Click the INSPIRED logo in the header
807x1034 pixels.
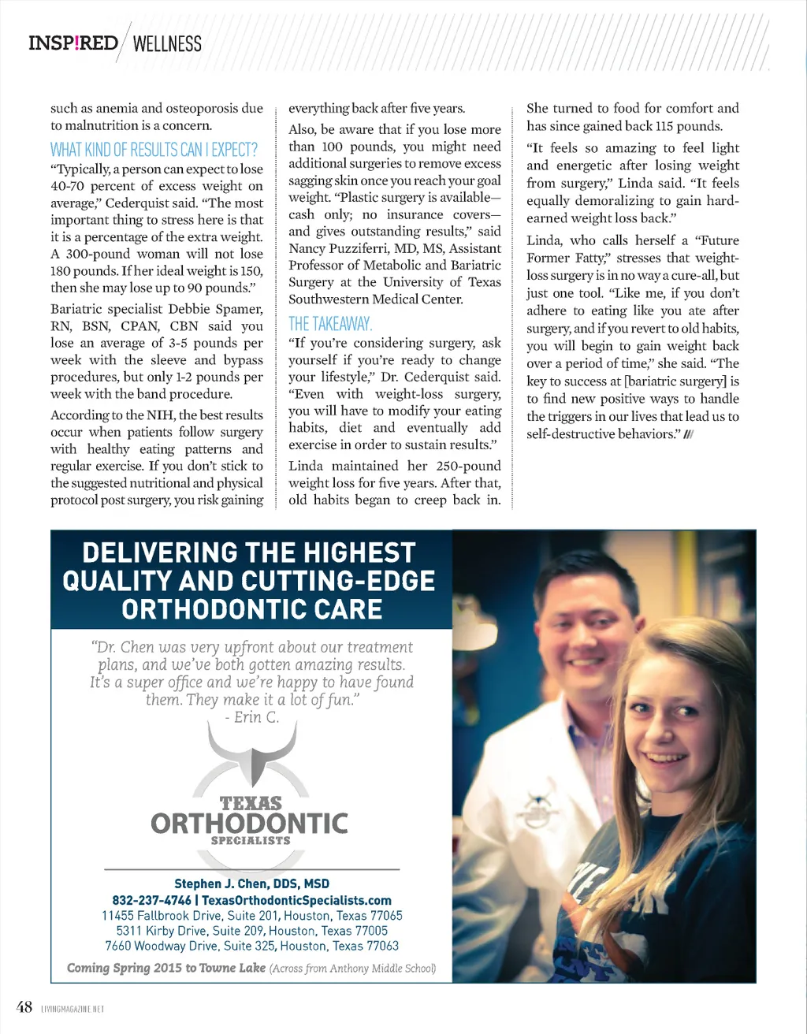(73, 43)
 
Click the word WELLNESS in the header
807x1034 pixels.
(167, 44)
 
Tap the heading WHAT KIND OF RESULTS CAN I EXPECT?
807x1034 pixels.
(154, 150)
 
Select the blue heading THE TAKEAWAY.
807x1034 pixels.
(330, 324)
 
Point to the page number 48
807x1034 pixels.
(24, 1007)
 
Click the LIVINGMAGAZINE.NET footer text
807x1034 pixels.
(73, 1009)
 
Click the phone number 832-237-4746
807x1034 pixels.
(151, 900)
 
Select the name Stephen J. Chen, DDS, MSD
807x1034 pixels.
(251, 884)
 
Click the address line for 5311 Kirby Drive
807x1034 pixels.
(251, 931)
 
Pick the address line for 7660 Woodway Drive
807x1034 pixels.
(251, 946)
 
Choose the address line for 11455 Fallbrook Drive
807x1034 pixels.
(251, 916)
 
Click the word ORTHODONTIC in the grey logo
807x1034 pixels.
(249, 824)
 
